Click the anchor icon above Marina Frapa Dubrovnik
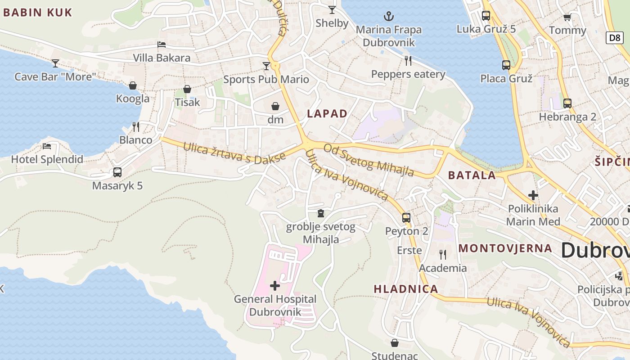(x=388, y=17)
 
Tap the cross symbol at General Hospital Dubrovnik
(x=275, y=286)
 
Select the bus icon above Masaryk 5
(x=117, y=172)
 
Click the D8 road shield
(x=615, y=38)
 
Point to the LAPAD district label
(x=327, y=114)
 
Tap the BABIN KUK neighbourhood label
(x=38, y=13)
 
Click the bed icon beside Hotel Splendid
(x=47, y=146)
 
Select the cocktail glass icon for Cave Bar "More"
(x=55, y=63)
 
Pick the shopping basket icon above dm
(x=275, y=106)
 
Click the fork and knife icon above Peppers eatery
(x=408, y=60)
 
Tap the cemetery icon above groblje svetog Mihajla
(x=321, y=213)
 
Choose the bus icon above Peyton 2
(x=406, y=218)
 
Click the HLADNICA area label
(x=406, y=289)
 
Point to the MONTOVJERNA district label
(x=505, y=248)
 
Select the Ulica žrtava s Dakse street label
(x=234, y=153)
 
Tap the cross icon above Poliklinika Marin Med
(x=533, y=195)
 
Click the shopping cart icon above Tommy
(x=567, y=18)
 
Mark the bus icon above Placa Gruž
(x=506, y=65)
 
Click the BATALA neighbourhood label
(x=472, y=175)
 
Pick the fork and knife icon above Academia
(x=443, y=255)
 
